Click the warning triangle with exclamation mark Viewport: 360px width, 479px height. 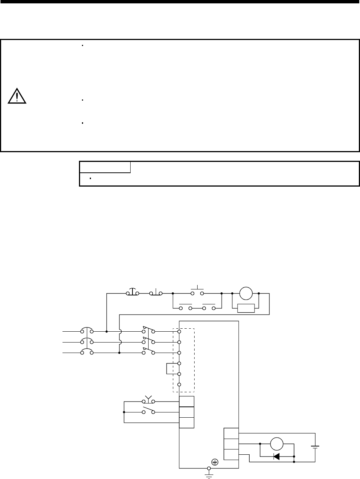click(16, 96)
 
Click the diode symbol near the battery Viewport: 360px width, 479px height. click(277, 456)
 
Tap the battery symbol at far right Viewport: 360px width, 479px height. click(315, 446)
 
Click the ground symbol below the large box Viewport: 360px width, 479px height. click(209, 474)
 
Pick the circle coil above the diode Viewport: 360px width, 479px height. click(277, 444)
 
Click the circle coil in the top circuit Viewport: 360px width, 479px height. click(246, 294)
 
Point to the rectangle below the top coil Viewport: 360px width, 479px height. click(246, 308)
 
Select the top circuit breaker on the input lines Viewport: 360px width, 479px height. click(87, 331)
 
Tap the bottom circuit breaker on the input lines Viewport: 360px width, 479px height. click(87, 353)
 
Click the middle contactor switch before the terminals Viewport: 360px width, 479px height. click(149, 342)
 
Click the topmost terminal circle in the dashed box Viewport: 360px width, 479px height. click(179, 331)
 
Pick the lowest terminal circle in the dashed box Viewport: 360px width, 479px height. click(179, 384)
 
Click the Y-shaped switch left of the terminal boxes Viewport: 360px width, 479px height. click(149, 400)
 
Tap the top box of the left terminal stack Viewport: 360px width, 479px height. click(186, 401)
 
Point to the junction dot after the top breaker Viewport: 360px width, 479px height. click(107, 331)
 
